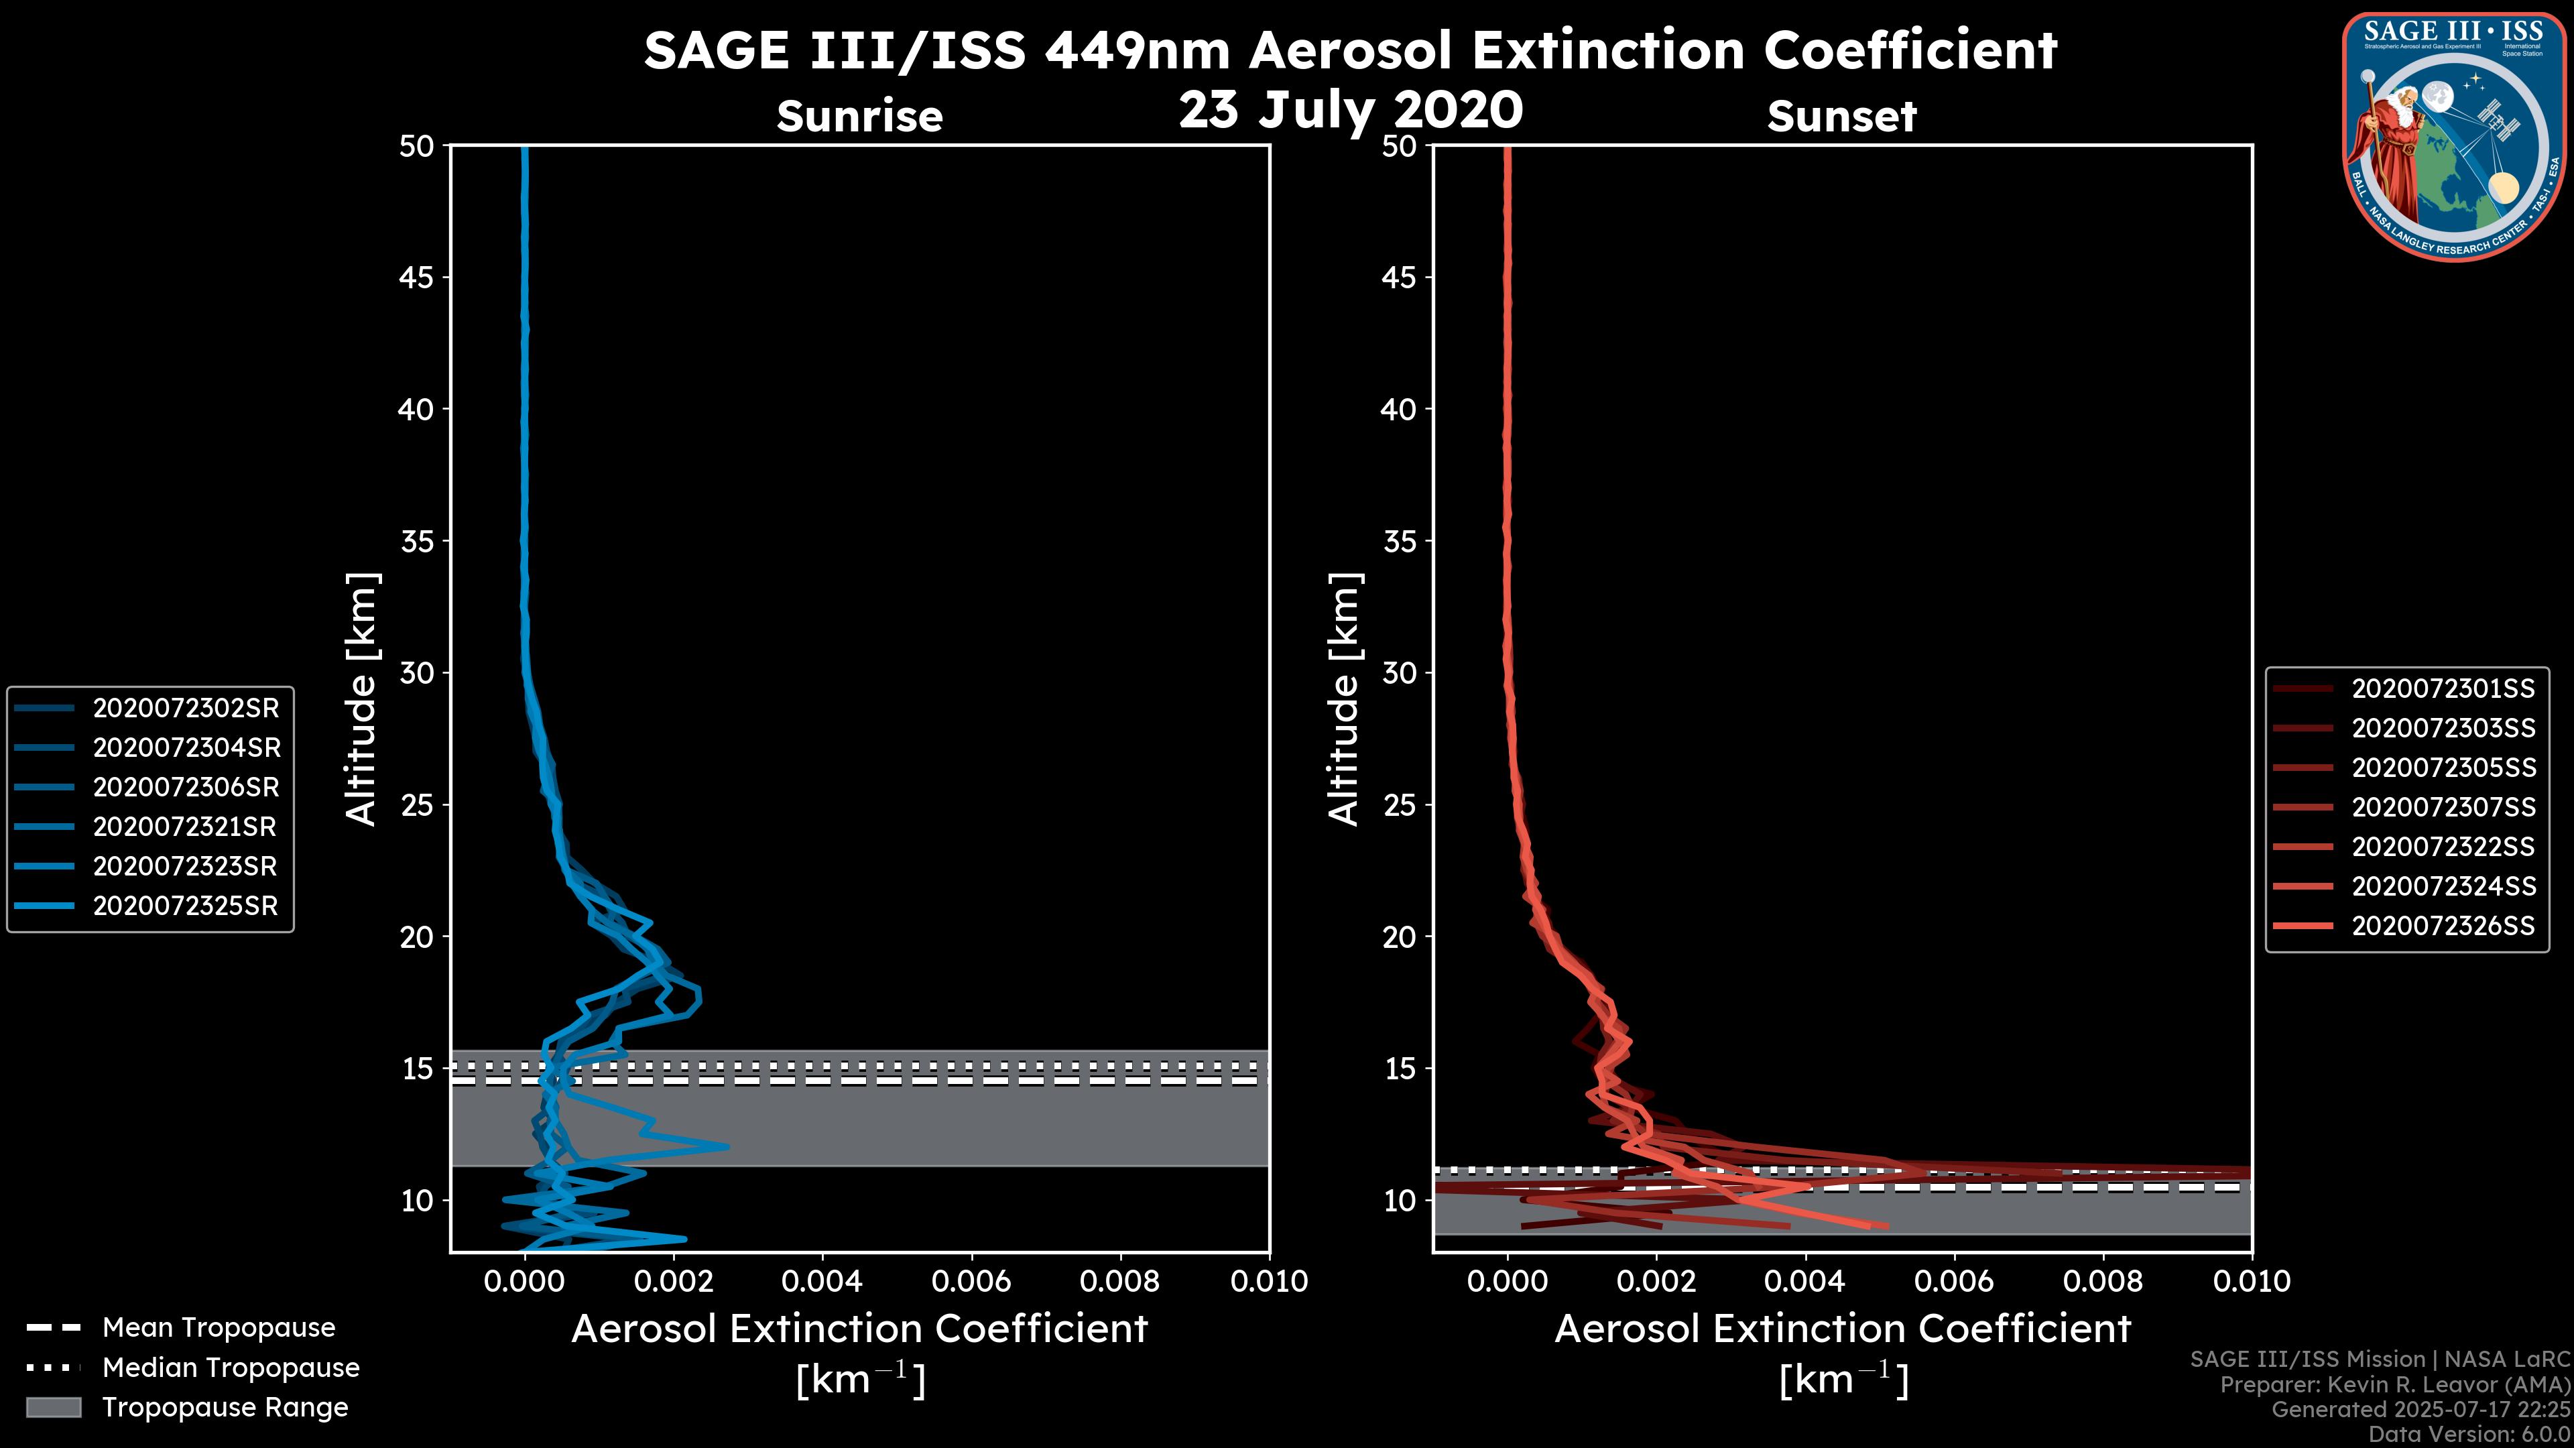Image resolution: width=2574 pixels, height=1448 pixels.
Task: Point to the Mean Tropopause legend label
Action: (x=219, y=1328)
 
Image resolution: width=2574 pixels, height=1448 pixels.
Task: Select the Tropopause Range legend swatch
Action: (x=53, y=1408)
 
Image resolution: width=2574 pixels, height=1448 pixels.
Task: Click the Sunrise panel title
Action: (x=859, y=117)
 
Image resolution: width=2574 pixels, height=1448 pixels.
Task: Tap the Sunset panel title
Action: (x=1841, y=117)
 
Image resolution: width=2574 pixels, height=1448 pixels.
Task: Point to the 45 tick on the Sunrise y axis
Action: (x=417, y=278)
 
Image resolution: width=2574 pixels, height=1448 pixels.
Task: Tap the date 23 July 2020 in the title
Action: (x=1350, y=110)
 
